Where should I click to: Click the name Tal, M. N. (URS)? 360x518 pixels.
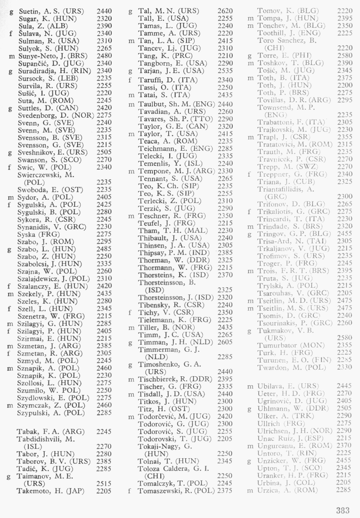(168, 9)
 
